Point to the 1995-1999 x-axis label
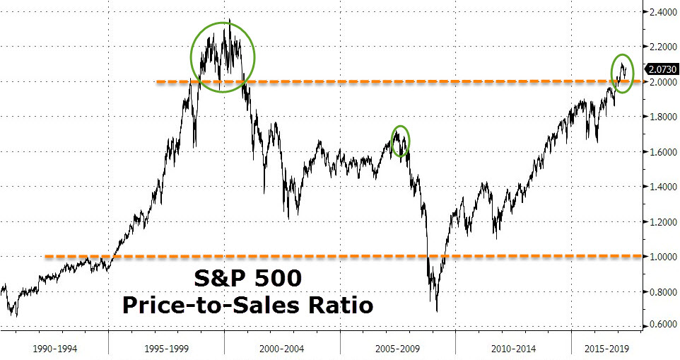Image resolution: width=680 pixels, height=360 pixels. click(x=167, y=349)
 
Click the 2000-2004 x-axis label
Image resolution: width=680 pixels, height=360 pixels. click(x=283, y=349)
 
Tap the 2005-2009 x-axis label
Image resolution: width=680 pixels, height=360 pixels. click(x=398, y=349)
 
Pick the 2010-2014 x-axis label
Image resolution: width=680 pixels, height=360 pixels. click(x=514, y=349)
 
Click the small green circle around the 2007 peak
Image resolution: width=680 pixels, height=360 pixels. click(x=400, y=141)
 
